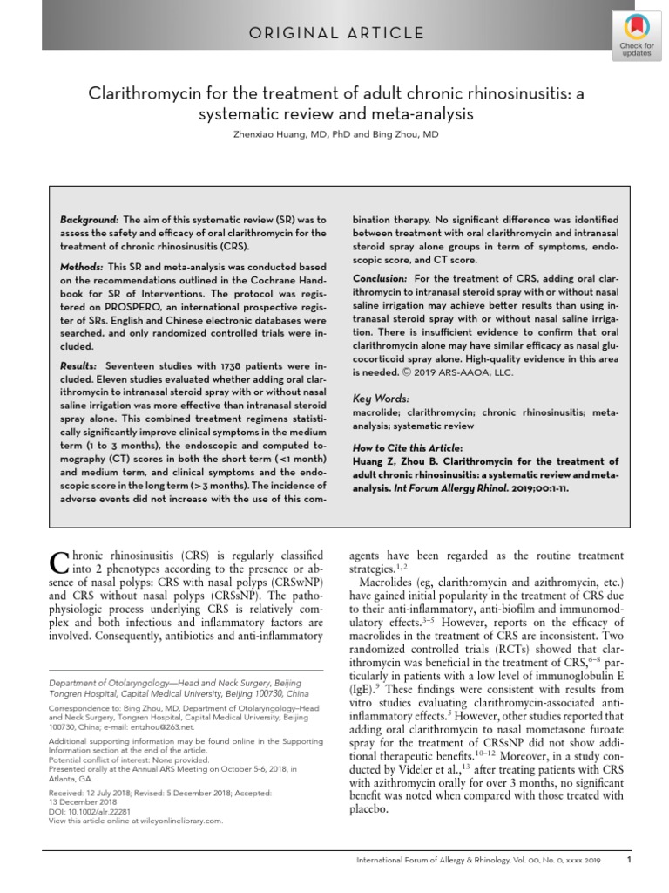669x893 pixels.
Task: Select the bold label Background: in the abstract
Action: pyautogui.click(x=89, y=220)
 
